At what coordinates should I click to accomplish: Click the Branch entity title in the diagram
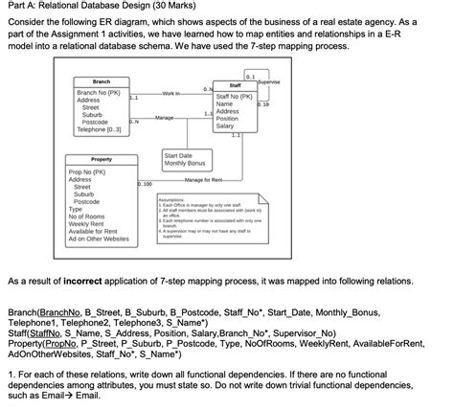[x=102, y=82]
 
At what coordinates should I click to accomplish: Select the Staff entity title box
[x=236, y=85]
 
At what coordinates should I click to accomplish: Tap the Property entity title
[x=101, y=159]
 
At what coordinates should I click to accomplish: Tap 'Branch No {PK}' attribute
[x=98, y=93]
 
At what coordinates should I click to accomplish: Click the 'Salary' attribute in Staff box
[x=226, y=126]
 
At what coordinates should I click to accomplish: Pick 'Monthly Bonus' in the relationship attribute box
[x=184, y=162]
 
